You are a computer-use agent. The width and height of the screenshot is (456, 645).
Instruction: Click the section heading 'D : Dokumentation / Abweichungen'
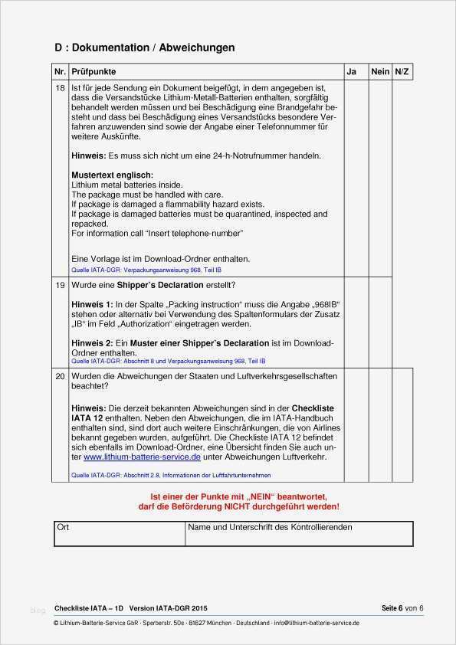(144, 47)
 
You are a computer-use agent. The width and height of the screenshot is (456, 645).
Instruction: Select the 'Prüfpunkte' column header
(93, 71)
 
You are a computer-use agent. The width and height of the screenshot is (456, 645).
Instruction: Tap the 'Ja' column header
(351, 71)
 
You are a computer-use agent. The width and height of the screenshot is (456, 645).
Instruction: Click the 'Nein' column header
(380, 71)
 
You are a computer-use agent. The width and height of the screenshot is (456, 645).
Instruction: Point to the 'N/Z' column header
(402, 71)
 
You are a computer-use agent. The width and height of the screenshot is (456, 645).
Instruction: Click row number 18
(61, 89)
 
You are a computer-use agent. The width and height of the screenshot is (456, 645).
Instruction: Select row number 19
(61, 285)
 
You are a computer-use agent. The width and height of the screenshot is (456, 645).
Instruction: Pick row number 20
(61, 376)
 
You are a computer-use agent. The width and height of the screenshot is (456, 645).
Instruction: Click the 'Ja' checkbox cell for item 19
(356, 322)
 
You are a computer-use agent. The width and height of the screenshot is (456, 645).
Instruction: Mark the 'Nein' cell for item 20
(380, 425)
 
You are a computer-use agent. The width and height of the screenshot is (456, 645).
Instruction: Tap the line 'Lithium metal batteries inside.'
(126, 185)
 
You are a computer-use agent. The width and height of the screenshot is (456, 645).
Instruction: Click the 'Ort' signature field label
(63, 527)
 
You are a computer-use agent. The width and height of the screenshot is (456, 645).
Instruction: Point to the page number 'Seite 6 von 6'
(402, 608)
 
